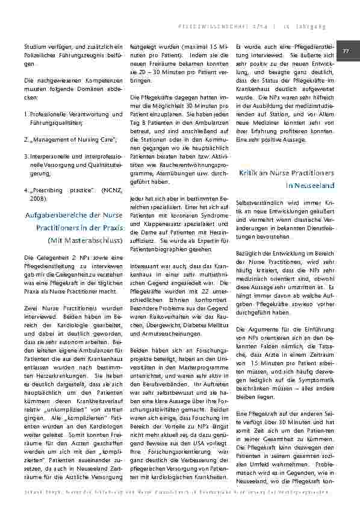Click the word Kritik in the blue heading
pyautogui.click(x=250, y=173)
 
